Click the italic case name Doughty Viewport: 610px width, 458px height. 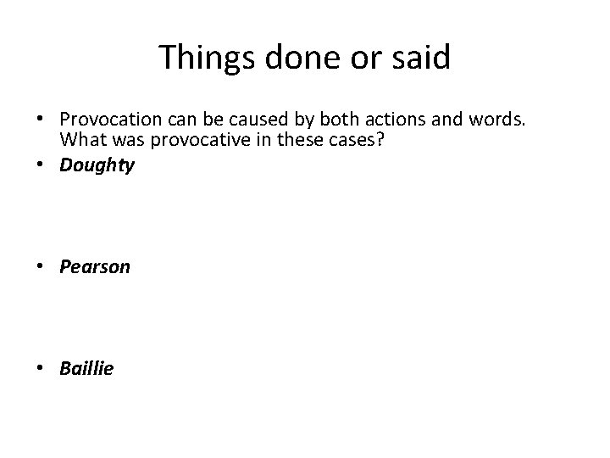pos(97,165)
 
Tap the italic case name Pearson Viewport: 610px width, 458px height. pos(95,267)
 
